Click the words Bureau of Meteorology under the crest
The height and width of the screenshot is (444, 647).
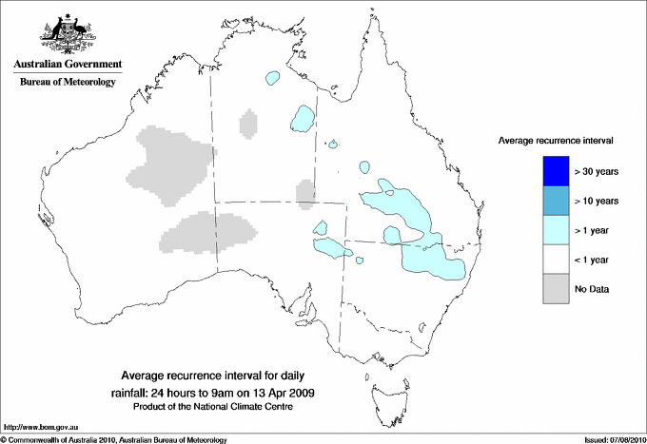68,82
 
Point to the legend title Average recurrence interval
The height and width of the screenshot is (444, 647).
556,140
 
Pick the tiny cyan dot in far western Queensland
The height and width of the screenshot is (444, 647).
333,145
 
